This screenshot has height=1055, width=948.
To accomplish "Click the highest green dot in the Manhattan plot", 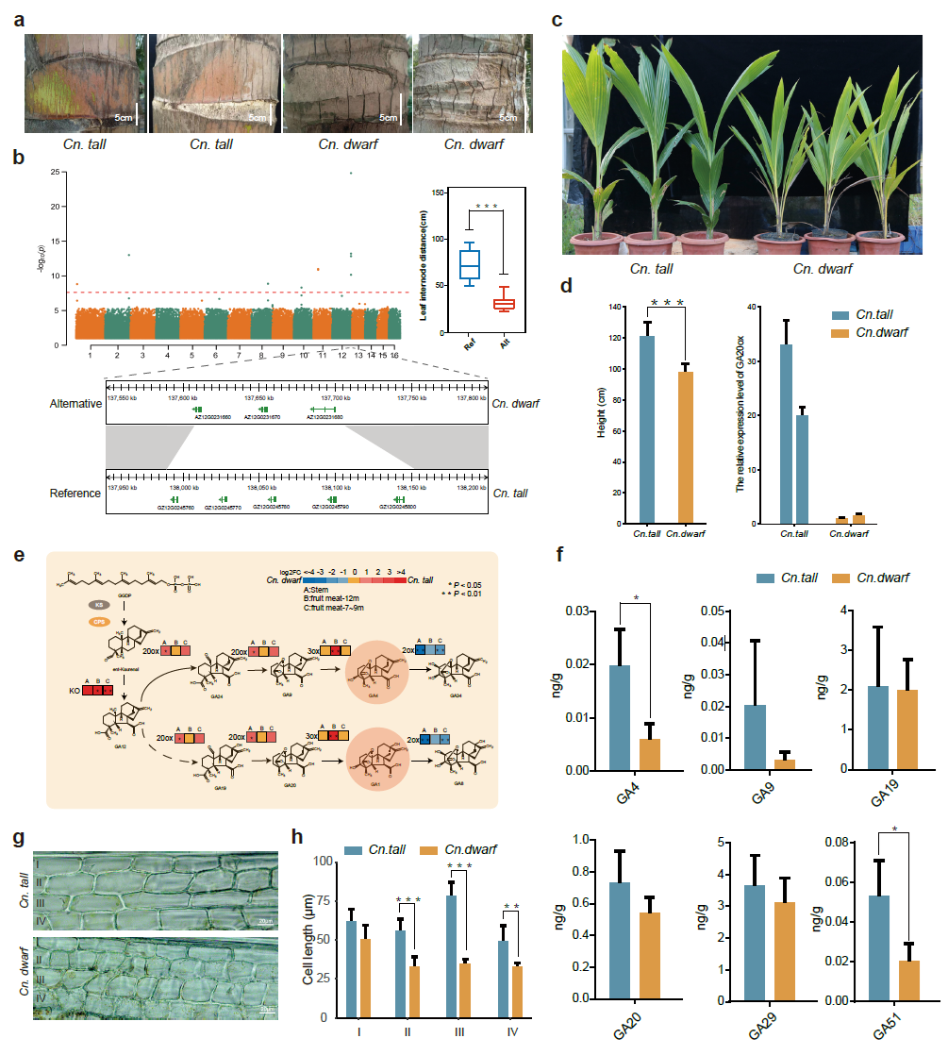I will point(351,173).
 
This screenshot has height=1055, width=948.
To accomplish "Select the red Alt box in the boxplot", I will point(504,303).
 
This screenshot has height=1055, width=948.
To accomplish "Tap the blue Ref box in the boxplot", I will point(470,264).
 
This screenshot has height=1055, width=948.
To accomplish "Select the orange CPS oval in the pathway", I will point(98,623).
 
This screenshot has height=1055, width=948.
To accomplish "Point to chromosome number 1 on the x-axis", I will point(90,356).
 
